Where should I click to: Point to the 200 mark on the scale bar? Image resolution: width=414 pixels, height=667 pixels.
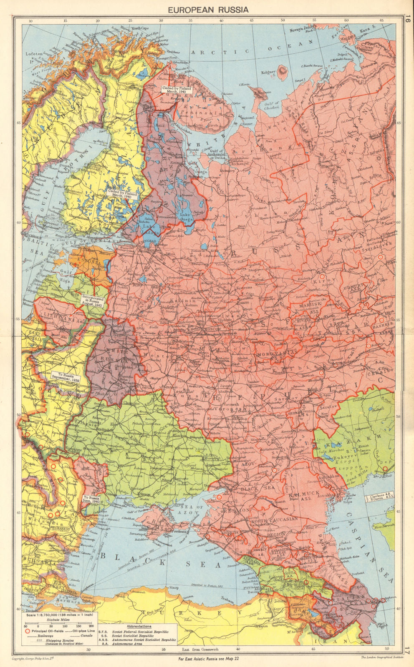(91, 626)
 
